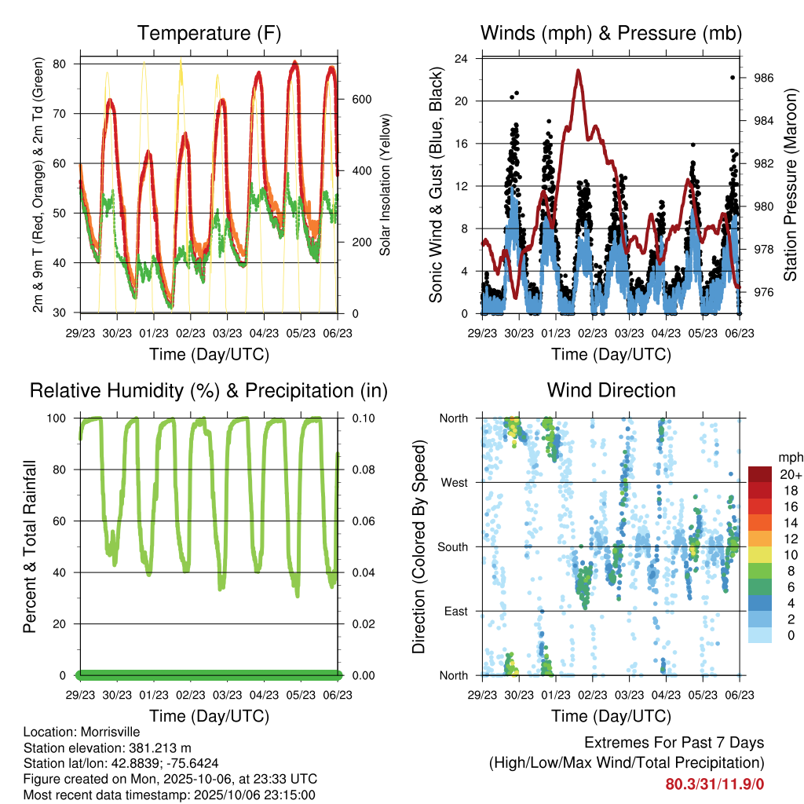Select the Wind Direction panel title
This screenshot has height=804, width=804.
611,390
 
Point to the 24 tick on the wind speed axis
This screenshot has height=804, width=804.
462,59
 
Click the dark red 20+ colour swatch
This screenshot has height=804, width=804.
759,473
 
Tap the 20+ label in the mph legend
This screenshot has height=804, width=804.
788,474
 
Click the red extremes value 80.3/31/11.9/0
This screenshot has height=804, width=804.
714,784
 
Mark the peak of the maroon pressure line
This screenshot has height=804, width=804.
578,70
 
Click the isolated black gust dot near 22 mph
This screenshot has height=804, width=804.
733,77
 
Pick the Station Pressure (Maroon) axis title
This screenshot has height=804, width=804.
791,185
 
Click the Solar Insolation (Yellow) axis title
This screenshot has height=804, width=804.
386,185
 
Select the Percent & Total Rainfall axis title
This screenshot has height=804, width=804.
29,546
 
